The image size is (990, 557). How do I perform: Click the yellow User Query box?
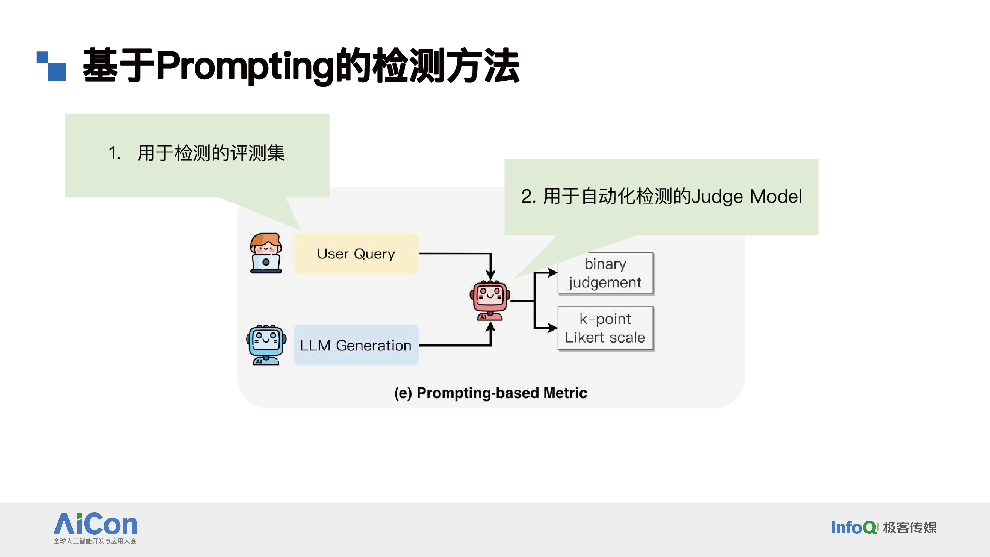pyautogui.click(x=356, y=253)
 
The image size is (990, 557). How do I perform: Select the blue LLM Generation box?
pyautogui.click(x=356, y=345)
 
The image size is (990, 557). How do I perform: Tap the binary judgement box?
pyautogui.click(x=605, y=273)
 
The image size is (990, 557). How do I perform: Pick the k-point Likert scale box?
pyautogui.click(x=605, y=328)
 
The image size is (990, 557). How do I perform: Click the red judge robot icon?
pyautogui.click(x=490, y=300)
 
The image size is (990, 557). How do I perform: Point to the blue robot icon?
pyautogui.click(x=266, y=345)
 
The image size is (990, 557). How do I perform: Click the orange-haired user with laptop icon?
pyautogui.click(x=266, y=253)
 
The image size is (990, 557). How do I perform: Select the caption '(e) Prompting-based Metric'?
pyautogui.click(x=490, y=393)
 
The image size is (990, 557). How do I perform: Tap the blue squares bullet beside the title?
pyautogui.click(x=51, y=66)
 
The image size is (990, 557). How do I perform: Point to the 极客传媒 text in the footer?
pyautogui.click(x=910, y=528)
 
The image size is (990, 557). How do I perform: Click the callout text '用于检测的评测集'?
pyautogui.click(x=211, y=153)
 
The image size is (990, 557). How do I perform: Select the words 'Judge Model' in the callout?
pyautogui.click(x=746, y=197)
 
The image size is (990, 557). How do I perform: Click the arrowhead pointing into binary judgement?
pyautogui.click(x=553, y=273)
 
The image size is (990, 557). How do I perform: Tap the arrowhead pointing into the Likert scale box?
pyautogui.click(x=553, y=328)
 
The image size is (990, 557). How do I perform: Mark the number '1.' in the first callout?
pyautogui.click(x=115, y=153)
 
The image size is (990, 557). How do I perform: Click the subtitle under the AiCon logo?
pyautogui.click(x=95, y=541)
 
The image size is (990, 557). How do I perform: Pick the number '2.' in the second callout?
pyautogui.click(x=528, y=197)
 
